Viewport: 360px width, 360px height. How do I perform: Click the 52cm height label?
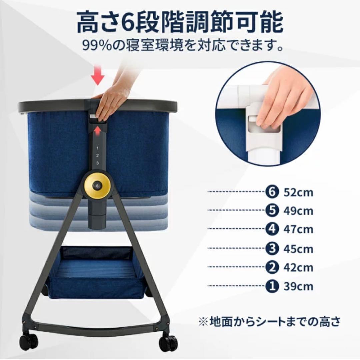point(298,193)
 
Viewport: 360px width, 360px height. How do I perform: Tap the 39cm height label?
point(298,286)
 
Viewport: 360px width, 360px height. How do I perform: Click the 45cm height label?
point(298,249)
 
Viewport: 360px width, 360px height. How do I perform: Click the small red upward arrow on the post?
point(97,131)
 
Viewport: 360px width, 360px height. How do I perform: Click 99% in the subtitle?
point(98,46)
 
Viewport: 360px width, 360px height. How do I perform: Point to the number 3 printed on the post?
point(97,163)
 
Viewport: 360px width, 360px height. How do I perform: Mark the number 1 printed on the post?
point(97,147)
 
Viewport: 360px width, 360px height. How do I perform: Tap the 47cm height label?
point(298,230)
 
